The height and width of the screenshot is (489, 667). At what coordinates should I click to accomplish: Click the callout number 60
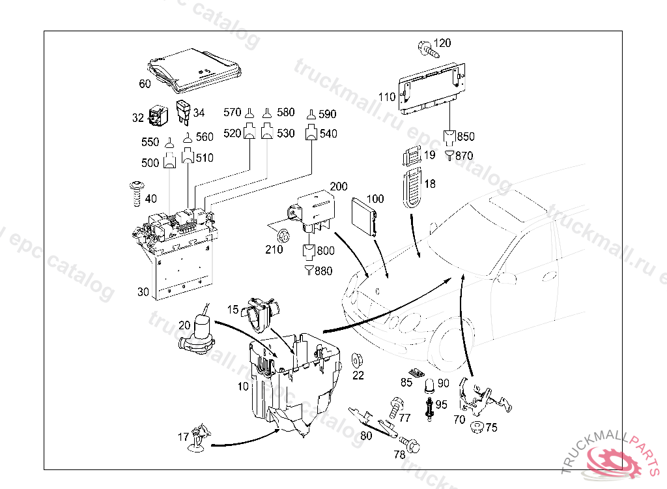[x=145, y=84]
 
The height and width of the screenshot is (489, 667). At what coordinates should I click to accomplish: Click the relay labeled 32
[x=157, y=116]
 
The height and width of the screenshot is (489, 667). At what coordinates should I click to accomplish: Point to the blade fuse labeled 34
[x=185, y=112]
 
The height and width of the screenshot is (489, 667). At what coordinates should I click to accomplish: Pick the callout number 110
[x=387, y=98]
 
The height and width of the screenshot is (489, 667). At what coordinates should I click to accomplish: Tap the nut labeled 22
[x=358, y=361]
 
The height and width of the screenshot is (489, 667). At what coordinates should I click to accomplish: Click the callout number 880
[x=323, y=271]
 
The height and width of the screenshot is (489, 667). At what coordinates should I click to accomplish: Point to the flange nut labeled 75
[x=476, y=428]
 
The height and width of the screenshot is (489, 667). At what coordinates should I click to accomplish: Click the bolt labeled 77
[x=395, y=408]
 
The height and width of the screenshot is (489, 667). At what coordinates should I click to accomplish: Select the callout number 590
[x=327, y=115]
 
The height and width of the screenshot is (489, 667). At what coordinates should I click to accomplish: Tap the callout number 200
[x=339, y=186]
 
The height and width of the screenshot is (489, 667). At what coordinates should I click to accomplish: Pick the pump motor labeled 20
[x=200, y=334]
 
